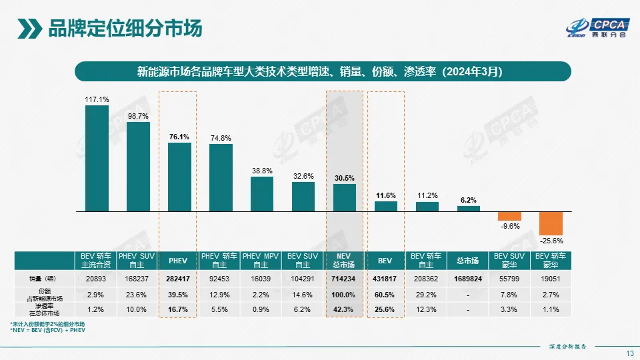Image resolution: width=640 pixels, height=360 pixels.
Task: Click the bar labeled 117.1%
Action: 97,158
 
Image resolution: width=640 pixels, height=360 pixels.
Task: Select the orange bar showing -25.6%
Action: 551,223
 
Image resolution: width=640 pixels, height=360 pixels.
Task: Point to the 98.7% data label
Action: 138,116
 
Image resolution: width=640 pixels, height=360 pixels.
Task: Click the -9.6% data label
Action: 509,226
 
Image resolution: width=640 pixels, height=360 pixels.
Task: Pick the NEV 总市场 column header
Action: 343,260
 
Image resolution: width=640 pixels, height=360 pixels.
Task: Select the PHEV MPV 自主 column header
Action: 261,260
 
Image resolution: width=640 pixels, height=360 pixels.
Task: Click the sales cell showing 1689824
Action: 468,279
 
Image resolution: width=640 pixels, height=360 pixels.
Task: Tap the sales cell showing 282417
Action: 178,279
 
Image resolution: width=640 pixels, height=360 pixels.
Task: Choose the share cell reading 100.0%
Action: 343,295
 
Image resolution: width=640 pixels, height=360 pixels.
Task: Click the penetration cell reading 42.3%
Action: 343,309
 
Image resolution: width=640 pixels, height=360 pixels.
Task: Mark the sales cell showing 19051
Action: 551,279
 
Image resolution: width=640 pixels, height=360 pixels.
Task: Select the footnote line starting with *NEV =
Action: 47,329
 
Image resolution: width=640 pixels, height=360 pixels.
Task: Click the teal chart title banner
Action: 323,71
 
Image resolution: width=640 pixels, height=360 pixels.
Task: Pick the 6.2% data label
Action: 468,200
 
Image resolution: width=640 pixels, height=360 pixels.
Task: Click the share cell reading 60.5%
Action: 385,295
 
